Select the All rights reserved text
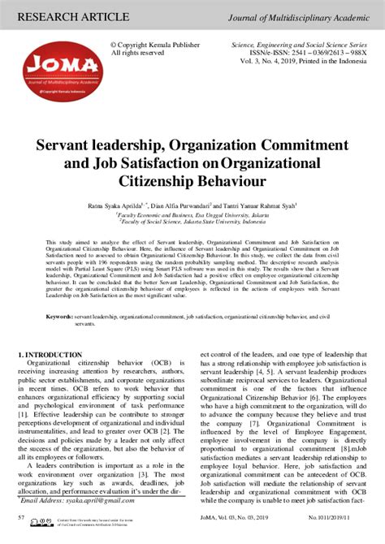click(x=136, y=53)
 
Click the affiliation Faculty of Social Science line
click(x=192, y=221)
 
